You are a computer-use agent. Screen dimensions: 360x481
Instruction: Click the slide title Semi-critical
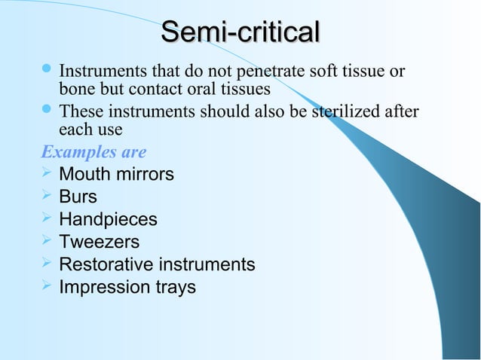point(240,33)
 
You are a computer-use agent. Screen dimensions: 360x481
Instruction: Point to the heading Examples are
point(93,152)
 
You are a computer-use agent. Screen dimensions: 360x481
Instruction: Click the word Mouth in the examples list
point(83,175)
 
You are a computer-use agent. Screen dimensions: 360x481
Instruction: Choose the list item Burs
point(78,197)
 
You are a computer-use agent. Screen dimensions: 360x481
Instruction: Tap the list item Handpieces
point(108,220)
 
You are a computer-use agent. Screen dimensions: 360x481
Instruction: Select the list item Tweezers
point(99,243)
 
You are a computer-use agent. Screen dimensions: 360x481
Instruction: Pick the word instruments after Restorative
point(206,265)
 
